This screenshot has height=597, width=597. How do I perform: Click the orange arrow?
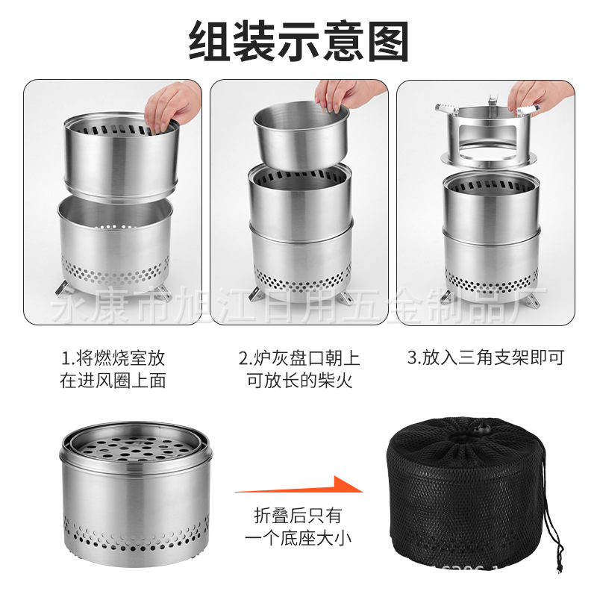click(x=298, y=489)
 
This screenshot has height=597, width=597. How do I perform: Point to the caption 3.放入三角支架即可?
click(x=485, y=357)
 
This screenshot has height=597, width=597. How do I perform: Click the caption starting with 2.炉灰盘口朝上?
click(x=298, y=369)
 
